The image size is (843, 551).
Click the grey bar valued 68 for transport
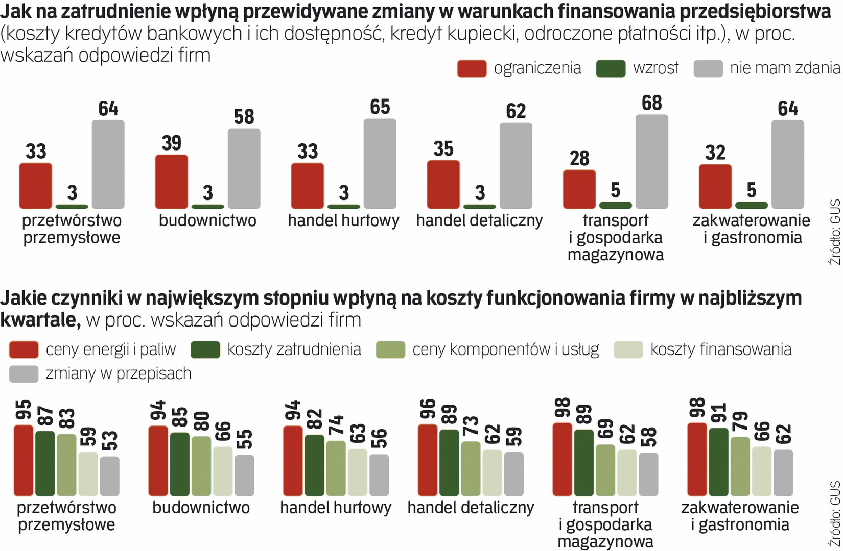click(651, 162)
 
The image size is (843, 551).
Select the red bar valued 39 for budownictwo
click(171, 182)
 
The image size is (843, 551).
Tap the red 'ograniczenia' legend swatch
click(472, 68)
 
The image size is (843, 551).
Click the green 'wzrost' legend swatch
click(611, 68)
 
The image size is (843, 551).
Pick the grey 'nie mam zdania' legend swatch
click(708, 68)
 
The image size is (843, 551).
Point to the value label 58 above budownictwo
click(244, 117)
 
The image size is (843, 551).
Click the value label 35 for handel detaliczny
click(443, 149)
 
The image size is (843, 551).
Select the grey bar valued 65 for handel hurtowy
click(380, 164)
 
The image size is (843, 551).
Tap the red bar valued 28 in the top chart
click(579, 189)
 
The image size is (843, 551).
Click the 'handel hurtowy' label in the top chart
click(343, 220)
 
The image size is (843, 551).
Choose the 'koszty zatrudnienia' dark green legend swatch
click(205, 349)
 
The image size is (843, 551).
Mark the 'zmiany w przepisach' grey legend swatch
click(24, 373)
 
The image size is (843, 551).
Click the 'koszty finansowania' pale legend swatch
click(628, 349)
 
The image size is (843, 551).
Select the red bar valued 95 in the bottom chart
click(24, 460)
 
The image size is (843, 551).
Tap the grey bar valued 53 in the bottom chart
click(109, 476)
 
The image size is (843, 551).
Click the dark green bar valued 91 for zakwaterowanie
click(718, 462)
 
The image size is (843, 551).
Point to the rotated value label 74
click(336, 425)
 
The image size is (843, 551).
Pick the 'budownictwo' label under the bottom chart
click(201, 508)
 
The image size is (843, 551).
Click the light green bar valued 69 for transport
click(605, 470)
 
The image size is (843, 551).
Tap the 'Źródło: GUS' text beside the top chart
click(834, 232)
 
